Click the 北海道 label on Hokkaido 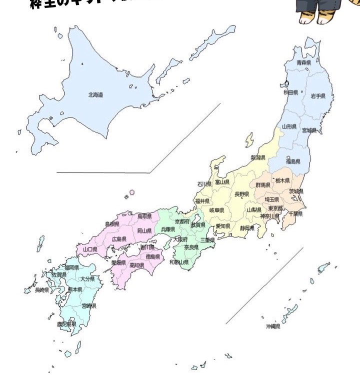pyautogui.click(x=95, y=94)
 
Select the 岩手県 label pyautogui.click(x=318, y=95)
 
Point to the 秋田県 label pyautogui.click(x=291, y=92)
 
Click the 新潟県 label pyautogui.click(x=257, y=158)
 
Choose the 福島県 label pyautogui.click(x=293, y=161)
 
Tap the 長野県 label pyautogui.click(x=241, y=194)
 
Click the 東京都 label pyautogui.click(x=275, y=208)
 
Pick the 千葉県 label pyautogui.click(x=295, y=213)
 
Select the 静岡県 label pyautogui.click(x=247, y=228)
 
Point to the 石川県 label pyautogui.click(x=204, y=184)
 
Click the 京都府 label pyautogui.click(x=182, y=221)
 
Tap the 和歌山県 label pyautogui.click(x=178, y=262)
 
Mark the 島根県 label pyautogui.click(x=112, y=224)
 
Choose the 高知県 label pyautogui.click(x=136, y=265)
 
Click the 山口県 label pyautogui.click(x=90, y=248)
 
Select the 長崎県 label pyautogui.click(x=41, y=290)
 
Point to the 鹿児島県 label pyautogui.click(x=66, y=324)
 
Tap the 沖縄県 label pyautogui.click(x=272, y=326)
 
